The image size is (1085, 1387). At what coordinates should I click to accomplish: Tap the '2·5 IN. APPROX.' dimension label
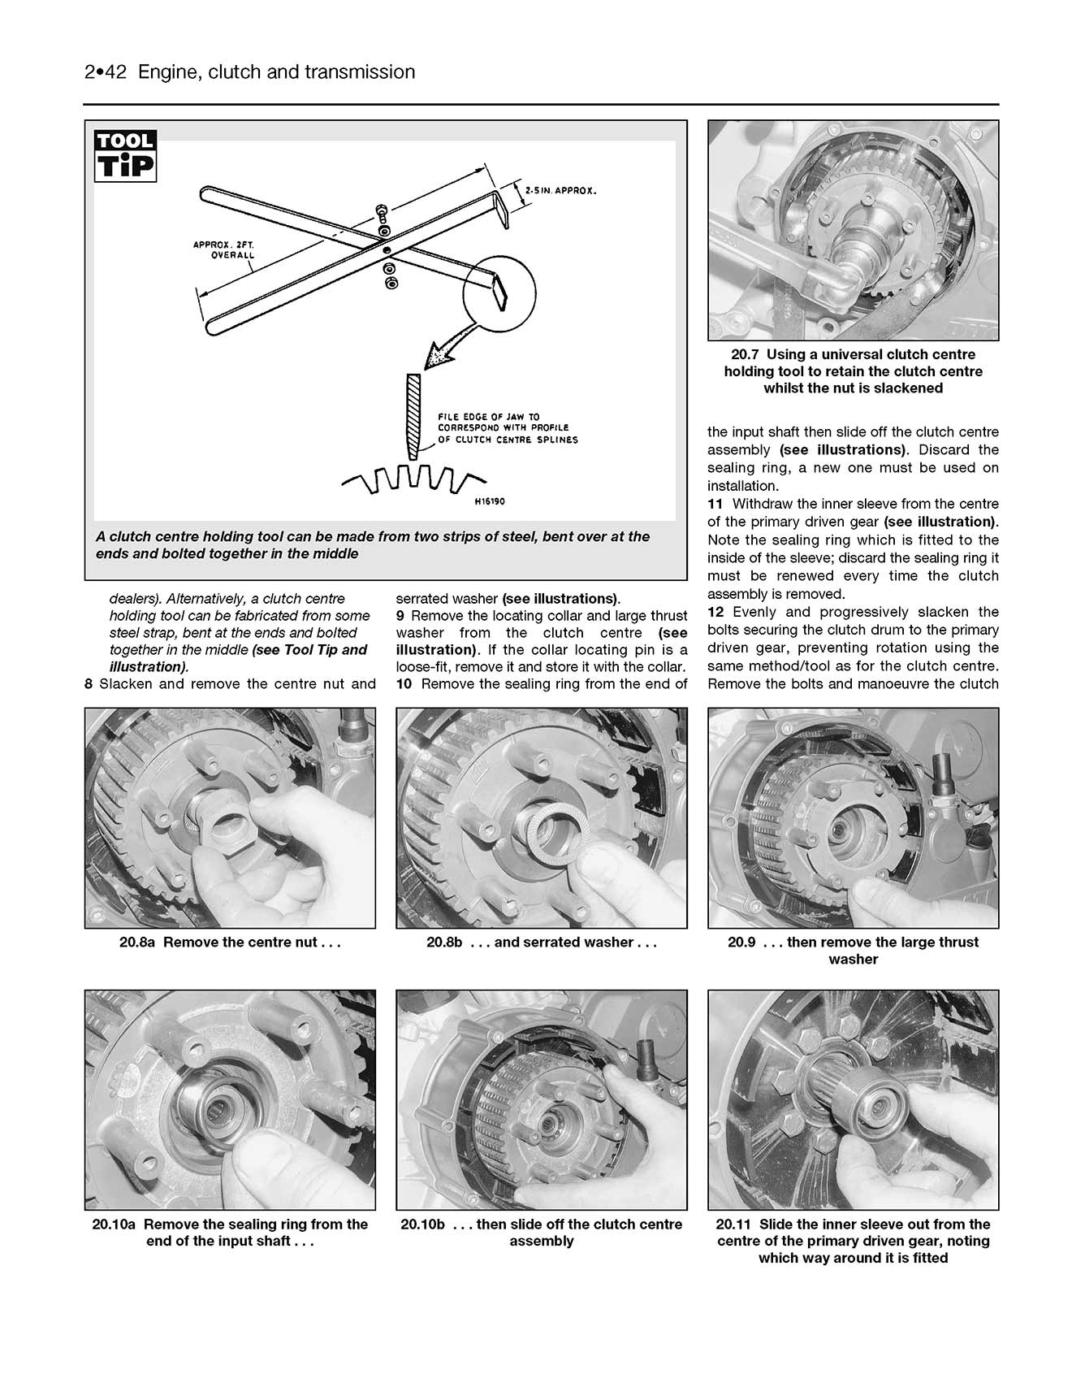(560, 190)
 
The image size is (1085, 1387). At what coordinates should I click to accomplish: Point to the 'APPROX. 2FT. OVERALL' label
(223, 249)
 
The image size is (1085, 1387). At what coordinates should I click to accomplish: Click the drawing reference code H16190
(489, 502)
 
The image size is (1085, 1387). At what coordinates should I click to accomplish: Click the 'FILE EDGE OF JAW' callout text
(508, 428)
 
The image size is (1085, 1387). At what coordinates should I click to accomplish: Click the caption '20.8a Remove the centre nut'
(230, 943)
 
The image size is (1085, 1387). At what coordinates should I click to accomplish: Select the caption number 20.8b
(444, 943)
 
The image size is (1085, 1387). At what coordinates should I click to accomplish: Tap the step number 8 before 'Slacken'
(89, 684)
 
